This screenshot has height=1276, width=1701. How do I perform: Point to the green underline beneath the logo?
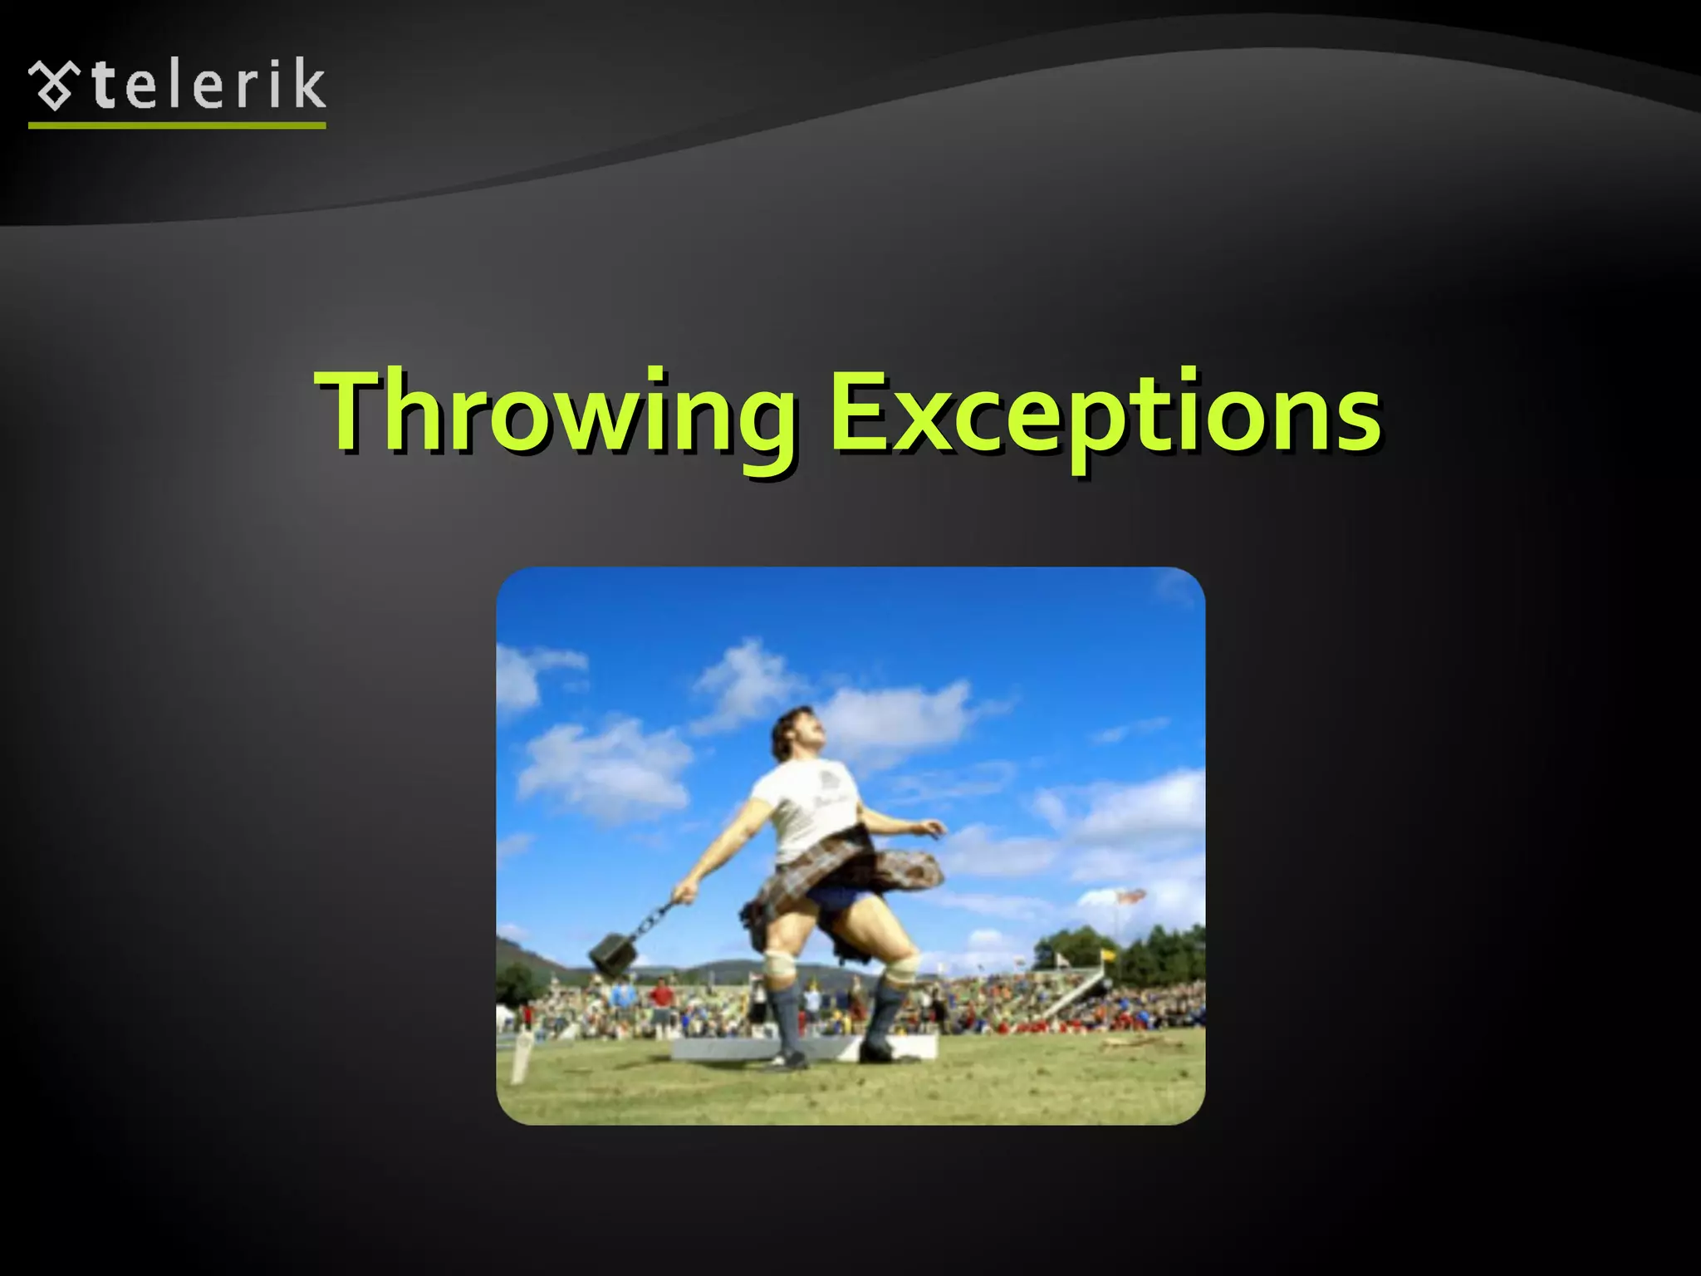coord(177,125)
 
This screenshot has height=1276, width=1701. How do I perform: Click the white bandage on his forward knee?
coord(900,965)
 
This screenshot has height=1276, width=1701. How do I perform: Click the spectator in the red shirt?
coord(661,994)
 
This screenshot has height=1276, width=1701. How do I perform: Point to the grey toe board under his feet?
coord(731,1049)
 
